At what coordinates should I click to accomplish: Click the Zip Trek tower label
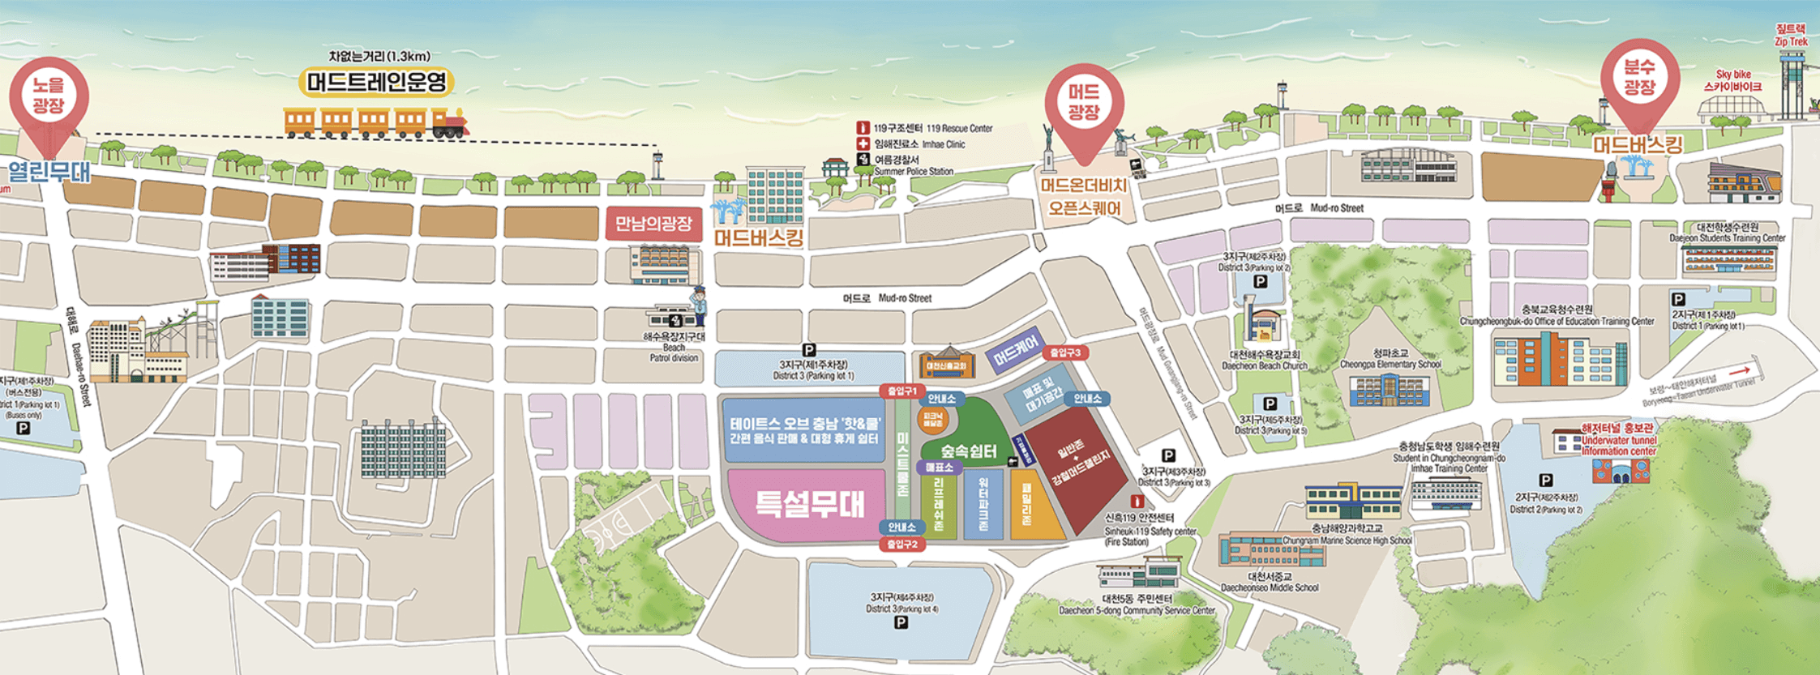point(1791,35)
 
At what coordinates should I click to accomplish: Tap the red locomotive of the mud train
point(450,123)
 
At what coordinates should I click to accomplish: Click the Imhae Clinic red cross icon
point(863,143)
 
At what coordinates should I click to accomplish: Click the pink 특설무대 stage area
point(809,504)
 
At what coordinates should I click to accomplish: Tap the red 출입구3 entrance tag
point(1065,352)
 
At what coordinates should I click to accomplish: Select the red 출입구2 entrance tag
point(901,544)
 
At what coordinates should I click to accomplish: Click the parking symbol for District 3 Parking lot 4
point(900,622)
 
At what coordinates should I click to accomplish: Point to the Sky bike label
point(1733,80)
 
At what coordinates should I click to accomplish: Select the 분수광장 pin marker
point(1639,79)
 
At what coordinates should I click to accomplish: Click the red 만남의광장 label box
point(653,224)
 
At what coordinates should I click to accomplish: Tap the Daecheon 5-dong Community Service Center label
point(1136,605)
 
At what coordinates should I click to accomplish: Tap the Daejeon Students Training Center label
point(1727,233)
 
